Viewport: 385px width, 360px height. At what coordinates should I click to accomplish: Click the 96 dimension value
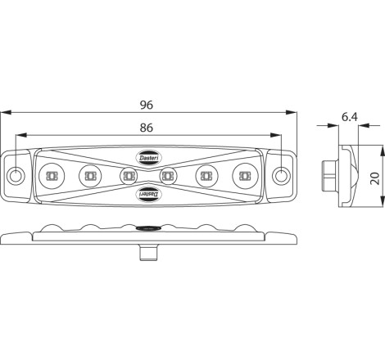click(147, 105)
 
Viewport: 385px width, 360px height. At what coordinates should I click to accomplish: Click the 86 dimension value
click(147, 128)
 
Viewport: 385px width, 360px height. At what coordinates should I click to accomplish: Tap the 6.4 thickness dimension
click(350, 117)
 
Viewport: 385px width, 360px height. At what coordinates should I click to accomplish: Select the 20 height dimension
click(376, 178)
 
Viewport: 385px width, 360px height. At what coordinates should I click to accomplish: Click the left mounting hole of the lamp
click(16, 176)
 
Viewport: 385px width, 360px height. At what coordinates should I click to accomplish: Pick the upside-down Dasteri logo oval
click(150, 194)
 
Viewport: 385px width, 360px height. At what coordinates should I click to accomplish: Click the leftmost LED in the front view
click(52, 176)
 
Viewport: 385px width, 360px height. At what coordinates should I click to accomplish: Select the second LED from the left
click(90, 176)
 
